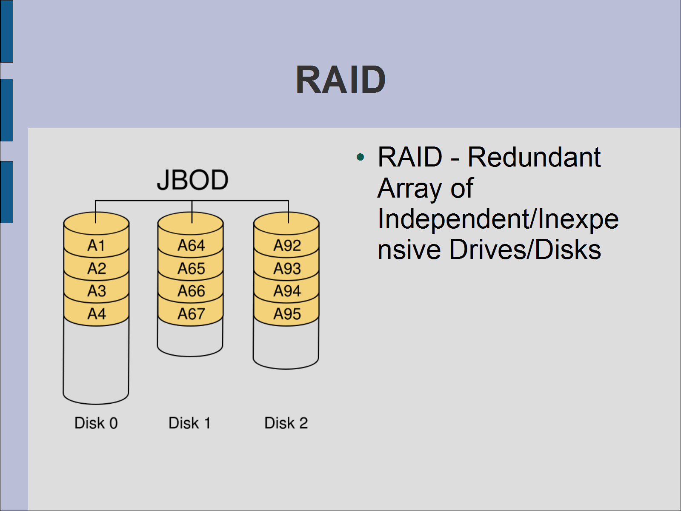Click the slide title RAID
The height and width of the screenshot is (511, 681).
(340, 80)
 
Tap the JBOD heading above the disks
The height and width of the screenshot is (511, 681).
(192, 180)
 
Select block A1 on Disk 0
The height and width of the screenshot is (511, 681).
(96, 246)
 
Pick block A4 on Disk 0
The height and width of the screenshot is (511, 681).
(96, 314)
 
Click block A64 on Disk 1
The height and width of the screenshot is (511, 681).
(191, 246)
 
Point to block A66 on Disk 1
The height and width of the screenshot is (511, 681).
(191, 291)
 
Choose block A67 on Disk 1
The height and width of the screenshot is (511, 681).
(191, 314)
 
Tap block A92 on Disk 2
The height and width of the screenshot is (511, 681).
(287, 246)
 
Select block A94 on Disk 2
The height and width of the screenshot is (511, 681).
(287, 291)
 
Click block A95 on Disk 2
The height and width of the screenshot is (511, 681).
(287, 314)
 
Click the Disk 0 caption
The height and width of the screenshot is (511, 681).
(96, 423)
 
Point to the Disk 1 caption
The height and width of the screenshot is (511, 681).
(190, 423)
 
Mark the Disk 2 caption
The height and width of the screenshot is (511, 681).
(286, 423)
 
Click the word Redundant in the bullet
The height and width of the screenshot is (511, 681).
(534, 157)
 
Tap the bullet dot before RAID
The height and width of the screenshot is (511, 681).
(361, 158)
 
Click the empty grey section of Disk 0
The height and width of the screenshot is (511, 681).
(96, 362)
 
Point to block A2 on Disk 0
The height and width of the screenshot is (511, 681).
(96, 269)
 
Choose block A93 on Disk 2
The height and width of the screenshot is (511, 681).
(287, 269)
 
